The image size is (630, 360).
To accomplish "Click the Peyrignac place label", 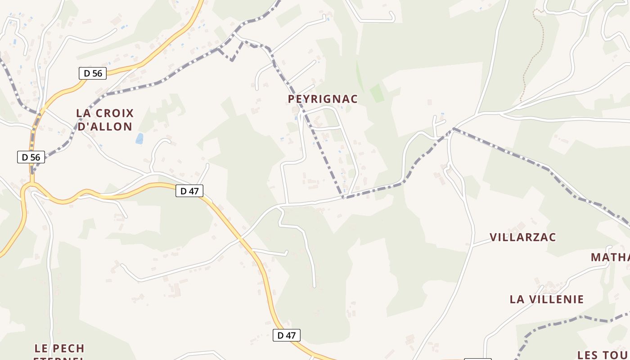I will [x=323, y=99].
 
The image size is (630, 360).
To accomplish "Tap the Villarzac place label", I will [x=523, y=237].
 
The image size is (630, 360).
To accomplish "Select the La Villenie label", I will [x=547, y=299].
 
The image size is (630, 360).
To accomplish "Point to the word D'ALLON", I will [x=105, y=126].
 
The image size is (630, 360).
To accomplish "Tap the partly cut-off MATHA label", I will [x=610, y=257].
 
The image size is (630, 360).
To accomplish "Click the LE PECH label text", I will [x=59, y=348].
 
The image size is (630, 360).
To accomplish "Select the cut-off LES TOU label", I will [x=603, y=355].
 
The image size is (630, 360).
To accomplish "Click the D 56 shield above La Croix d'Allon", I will [x=93, y=73].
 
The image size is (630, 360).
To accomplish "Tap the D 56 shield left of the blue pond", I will [x=31, y=157].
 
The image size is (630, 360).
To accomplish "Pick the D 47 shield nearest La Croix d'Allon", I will [x=189, y=191].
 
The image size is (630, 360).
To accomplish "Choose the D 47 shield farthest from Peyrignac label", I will [x=286, y=335].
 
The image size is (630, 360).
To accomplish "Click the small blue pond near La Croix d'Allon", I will [x=139, y=139].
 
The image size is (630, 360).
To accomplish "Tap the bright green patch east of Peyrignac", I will [x=377, y=93].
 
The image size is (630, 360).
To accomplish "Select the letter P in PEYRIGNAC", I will [x=292, y=99].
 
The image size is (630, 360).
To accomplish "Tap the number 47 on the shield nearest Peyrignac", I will [x=193, y=191].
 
